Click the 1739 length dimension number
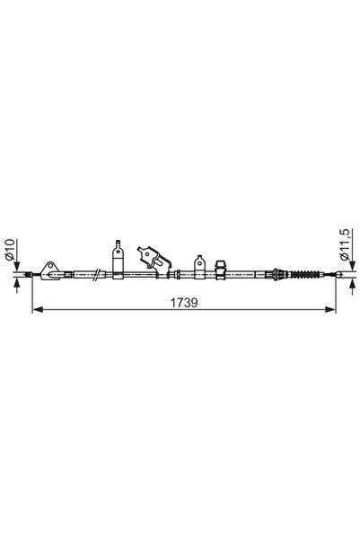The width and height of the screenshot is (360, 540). coord(184,303)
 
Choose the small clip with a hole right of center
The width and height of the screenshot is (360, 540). coord(199,266)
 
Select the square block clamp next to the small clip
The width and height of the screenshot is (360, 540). coord(217,269)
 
